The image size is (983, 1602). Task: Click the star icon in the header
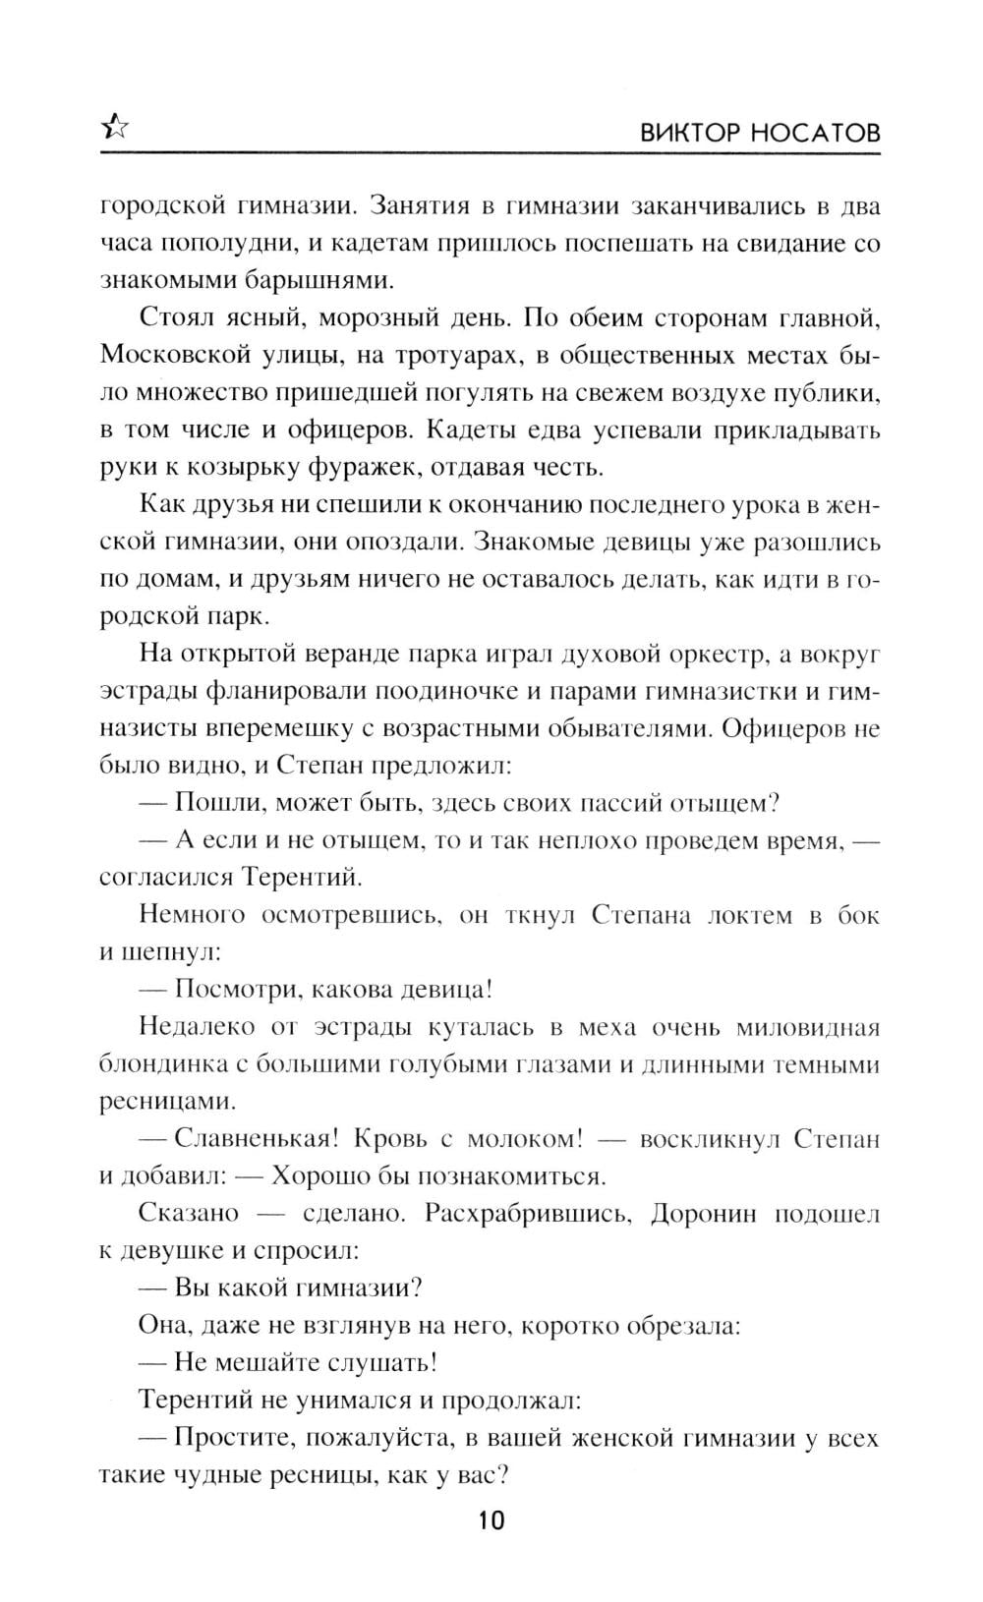tap(115, 127)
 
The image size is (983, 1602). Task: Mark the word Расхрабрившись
tap(526, 1213)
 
